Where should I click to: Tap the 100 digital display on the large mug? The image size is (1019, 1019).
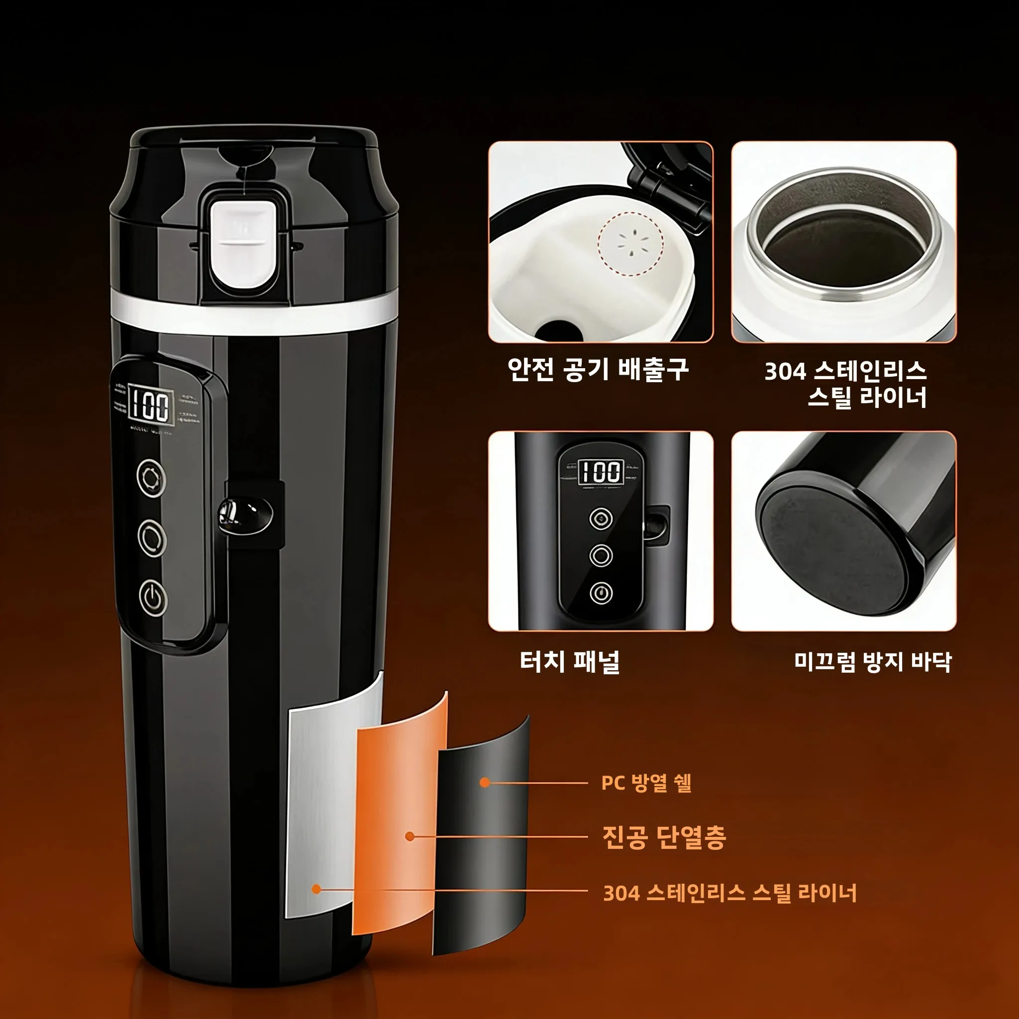coord(150,406)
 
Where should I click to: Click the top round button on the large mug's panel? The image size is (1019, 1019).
coord(151,477)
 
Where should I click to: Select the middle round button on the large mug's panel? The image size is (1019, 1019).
coord(152,537)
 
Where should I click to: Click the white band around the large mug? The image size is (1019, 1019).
coord(253,315)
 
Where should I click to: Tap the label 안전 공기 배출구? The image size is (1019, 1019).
coord(598,369)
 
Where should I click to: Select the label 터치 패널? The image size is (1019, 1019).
coord(570,661)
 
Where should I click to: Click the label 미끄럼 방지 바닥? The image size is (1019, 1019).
coord(873,661)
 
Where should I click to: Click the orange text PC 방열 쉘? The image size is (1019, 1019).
coord(646,783)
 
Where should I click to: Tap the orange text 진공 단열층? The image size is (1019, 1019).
coord(664,837)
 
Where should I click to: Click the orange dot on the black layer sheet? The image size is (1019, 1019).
coord(485,783)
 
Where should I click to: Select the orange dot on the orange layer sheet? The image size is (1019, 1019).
coord(410,836)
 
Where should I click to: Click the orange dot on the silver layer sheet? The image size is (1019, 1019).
coord(316,889)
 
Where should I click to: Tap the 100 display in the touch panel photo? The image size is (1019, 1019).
coord(601,471)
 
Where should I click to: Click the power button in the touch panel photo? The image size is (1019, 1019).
coord(601,593)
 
